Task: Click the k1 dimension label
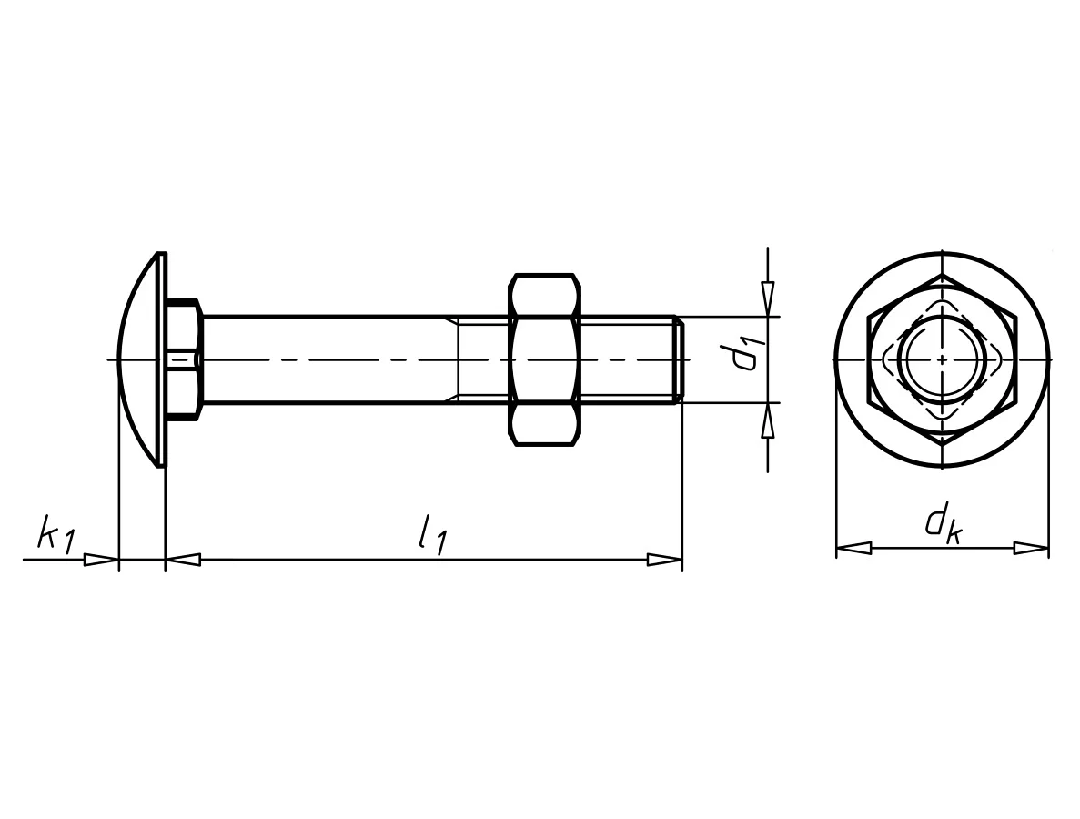click(55, 534)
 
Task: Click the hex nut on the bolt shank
click(544, 359)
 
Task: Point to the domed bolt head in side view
click(142, 359)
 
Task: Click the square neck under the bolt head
click(184, 359)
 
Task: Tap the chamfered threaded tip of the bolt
click(679, 359)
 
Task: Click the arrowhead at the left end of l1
click(183, 560)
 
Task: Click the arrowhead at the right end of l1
click(665, 560)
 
